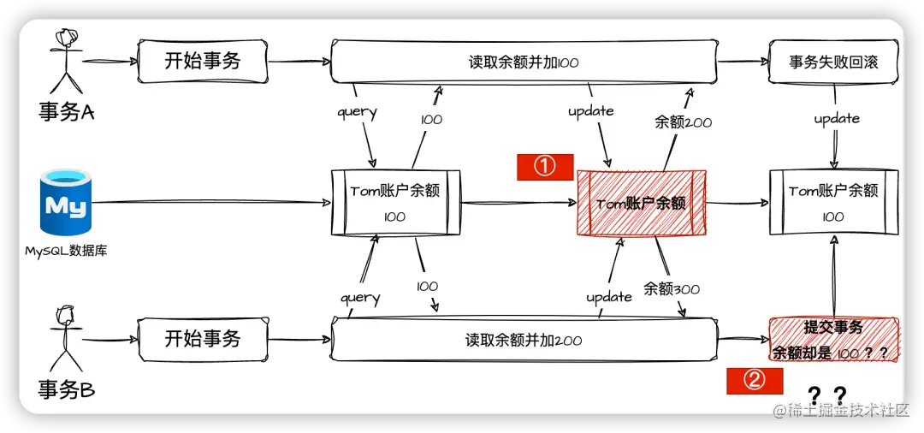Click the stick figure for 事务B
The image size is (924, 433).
64,335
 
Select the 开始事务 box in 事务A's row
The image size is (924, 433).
202,60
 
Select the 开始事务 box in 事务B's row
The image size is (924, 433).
202,339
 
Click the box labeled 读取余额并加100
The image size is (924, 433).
524,62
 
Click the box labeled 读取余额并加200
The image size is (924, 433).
524,340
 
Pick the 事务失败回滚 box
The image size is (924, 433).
833,62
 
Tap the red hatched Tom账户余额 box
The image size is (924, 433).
642,204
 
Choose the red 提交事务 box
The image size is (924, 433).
833,339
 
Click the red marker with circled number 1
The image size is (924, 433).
544,167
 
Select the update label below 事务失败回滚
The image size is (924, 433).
836,118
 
